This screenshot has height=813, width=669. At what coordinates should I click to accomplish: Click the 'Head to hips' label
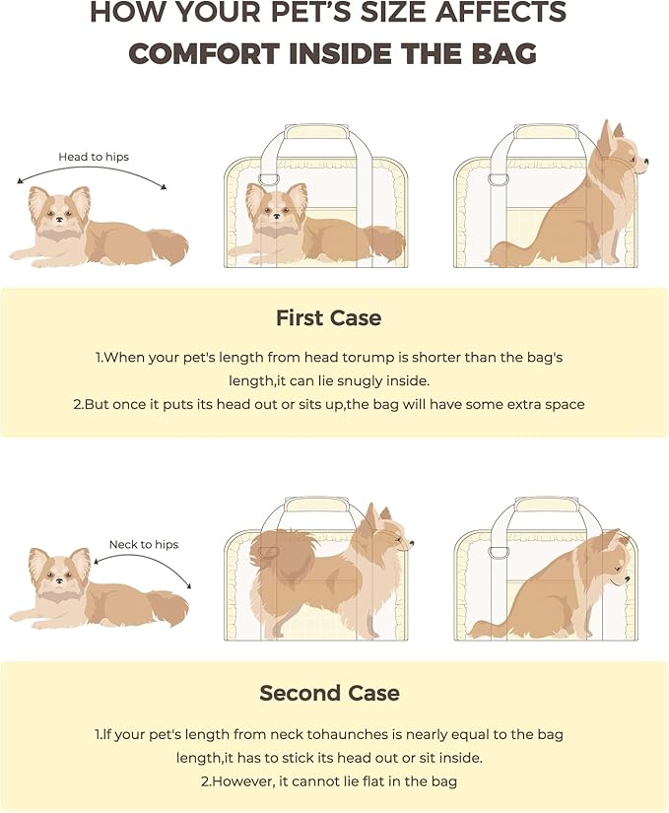tap(94, 157)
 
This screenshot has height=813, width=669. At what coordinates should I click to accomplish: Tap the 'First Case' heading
tap(328, 318)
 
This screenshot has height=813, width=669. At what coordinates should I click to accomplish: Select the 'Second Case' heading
tap(329, 693)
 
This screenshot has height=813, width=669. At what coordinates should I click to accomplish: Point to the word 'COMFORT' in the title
tap(213, 53)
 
